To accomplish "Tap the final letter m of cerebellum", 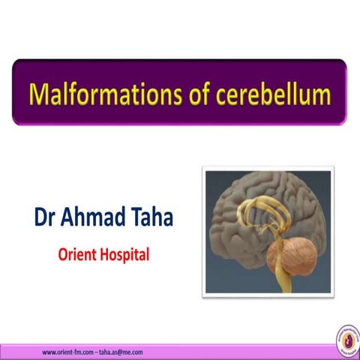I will point(322,95).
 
